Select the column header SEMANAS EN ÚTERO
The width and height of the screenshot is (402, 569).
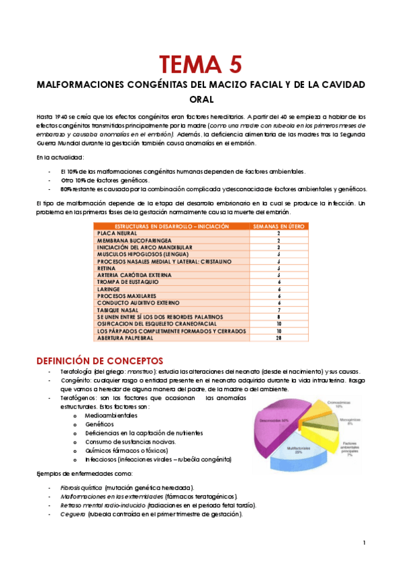point(278,227)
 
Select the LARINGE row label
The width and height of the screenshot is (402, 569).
point(109,289)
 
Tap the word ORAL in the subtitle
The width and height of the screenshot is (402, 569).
point(201,99)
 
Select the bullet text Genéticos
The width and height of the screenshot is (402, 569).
point(99,425)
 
